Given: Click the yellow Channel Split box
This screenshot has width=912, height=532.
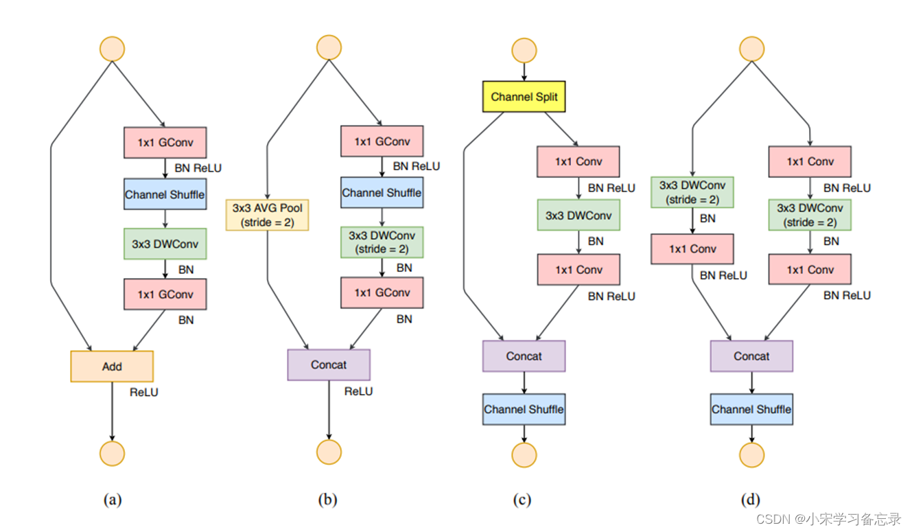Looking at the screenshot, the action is [x=524, y=97].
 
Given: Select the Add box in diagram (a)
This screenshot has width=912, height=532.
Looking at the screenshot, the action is [x=112, y=366].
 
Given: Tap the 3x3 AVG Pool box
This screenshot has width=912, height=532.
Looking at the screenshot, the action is [x=267, y=215].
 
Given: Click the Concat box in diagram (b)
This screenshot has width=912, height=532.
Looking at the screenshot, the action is [x=329, y=365].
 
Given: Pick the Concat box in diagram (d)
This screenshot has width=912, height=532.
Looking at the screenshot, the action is [x=751, y=356].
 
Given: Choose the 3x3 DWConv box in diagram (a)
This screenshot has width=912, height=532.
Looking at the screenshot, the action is [x=165, y=244].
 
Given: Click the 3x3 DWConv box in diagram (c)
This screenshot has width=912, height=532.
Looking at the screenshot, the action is [x=578, y=215].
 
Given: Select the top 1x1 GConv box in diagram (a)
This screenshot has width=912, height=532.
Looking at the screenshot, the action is [x=165, y=143].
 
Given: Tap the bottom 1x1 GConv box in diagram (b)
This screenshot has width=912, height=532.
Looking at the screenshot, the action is [x=382, y=292].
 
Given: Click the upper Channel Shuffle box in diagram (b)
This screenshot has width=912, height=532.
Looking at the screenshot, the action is [x=382, y=192].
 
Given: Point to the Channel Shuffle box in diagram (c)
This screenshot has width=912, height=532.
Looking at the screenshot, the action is [x=524, y=409].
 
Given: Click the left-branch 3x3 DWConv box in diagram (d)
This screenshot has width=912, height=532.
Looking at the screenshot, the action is [x=692, y=192].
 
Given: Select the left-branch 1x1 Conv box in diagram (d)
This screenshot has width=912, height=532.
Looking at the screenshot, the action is [x=692, y=249].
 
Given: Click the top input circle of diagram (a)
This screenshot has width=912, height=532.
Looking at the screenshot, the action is [x=112, y=49].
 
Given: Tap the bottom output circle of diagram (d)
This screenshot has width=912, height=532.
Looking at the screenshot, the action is [x=751, y=454].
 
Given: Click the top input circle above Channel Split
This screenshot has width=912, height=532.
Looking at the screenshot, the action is [x=524, y=51].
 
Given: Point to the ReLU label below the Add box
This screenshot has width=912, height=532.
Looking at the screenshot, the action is [x=143, y=392].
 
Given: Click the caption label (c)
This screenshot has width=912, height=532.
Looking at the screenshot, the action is [x=522, y=500].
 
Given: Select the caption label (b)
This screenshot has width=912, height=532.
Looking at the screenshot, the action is [x=328, y=500].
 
